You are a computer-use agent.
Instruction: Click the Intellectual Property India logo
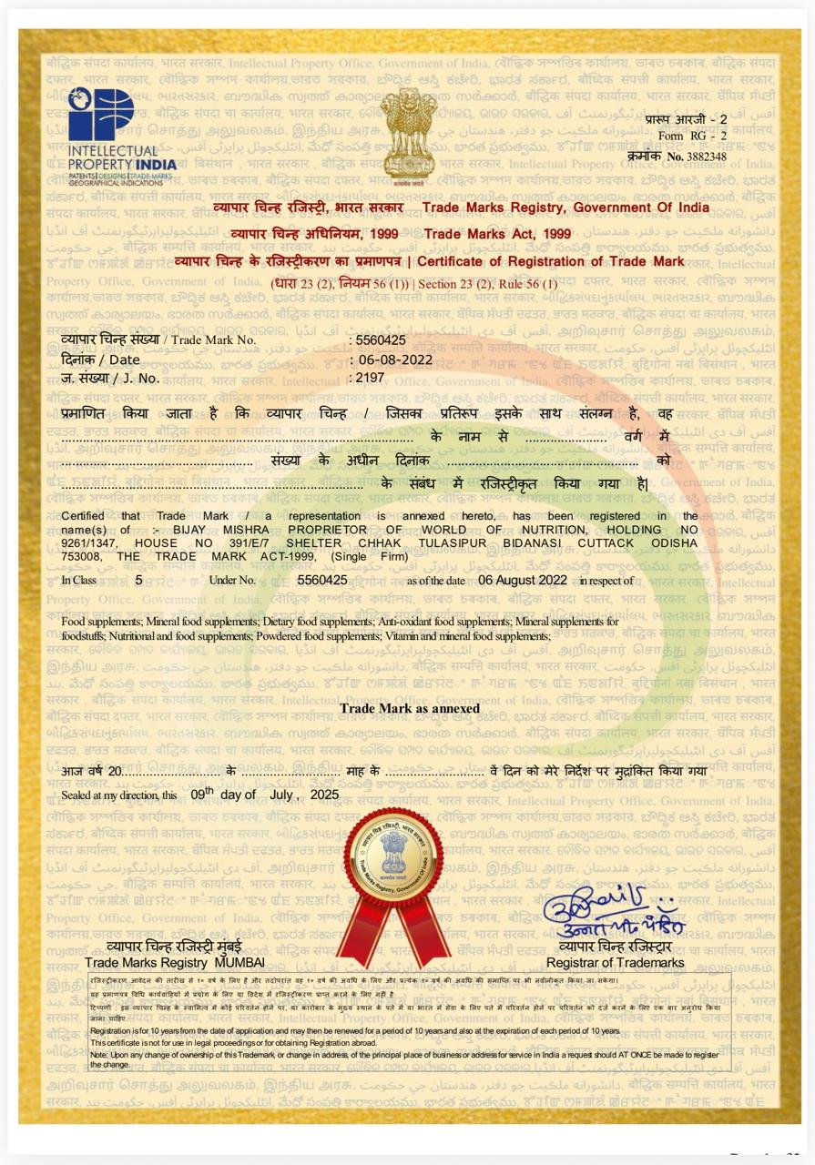(x=122, y=137)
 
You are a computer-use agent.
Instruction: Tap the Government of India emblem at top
(x=408, y=135)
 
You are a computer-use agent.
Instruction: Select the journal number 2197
(x=371, y=377)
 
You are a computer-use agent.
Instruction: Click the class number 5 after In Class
(x=138, y=580)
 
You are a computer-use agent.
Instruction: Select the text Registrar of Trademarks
(x=615, y=962)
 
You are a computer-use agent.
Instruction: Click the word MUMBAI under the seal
(x=239, y=962)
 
